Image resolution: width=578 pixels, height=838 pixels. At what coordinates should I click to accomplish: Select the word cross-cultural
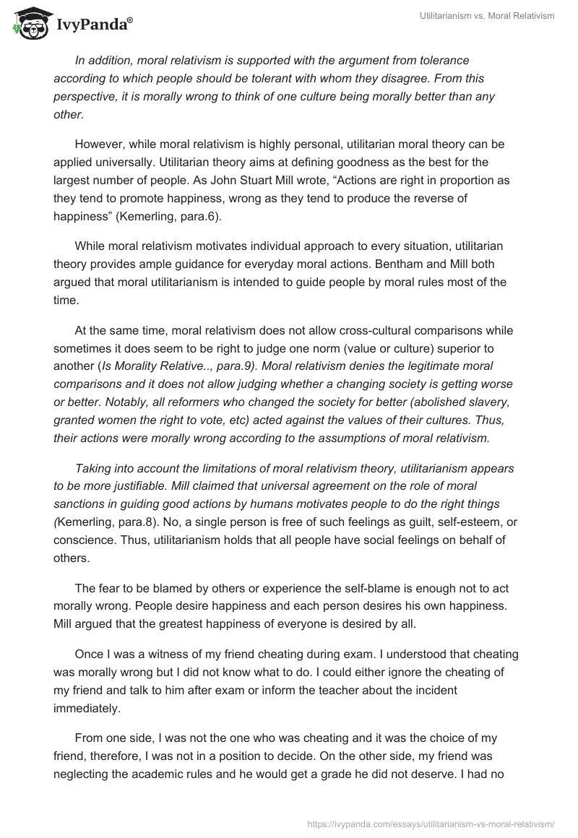(309, 331)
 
